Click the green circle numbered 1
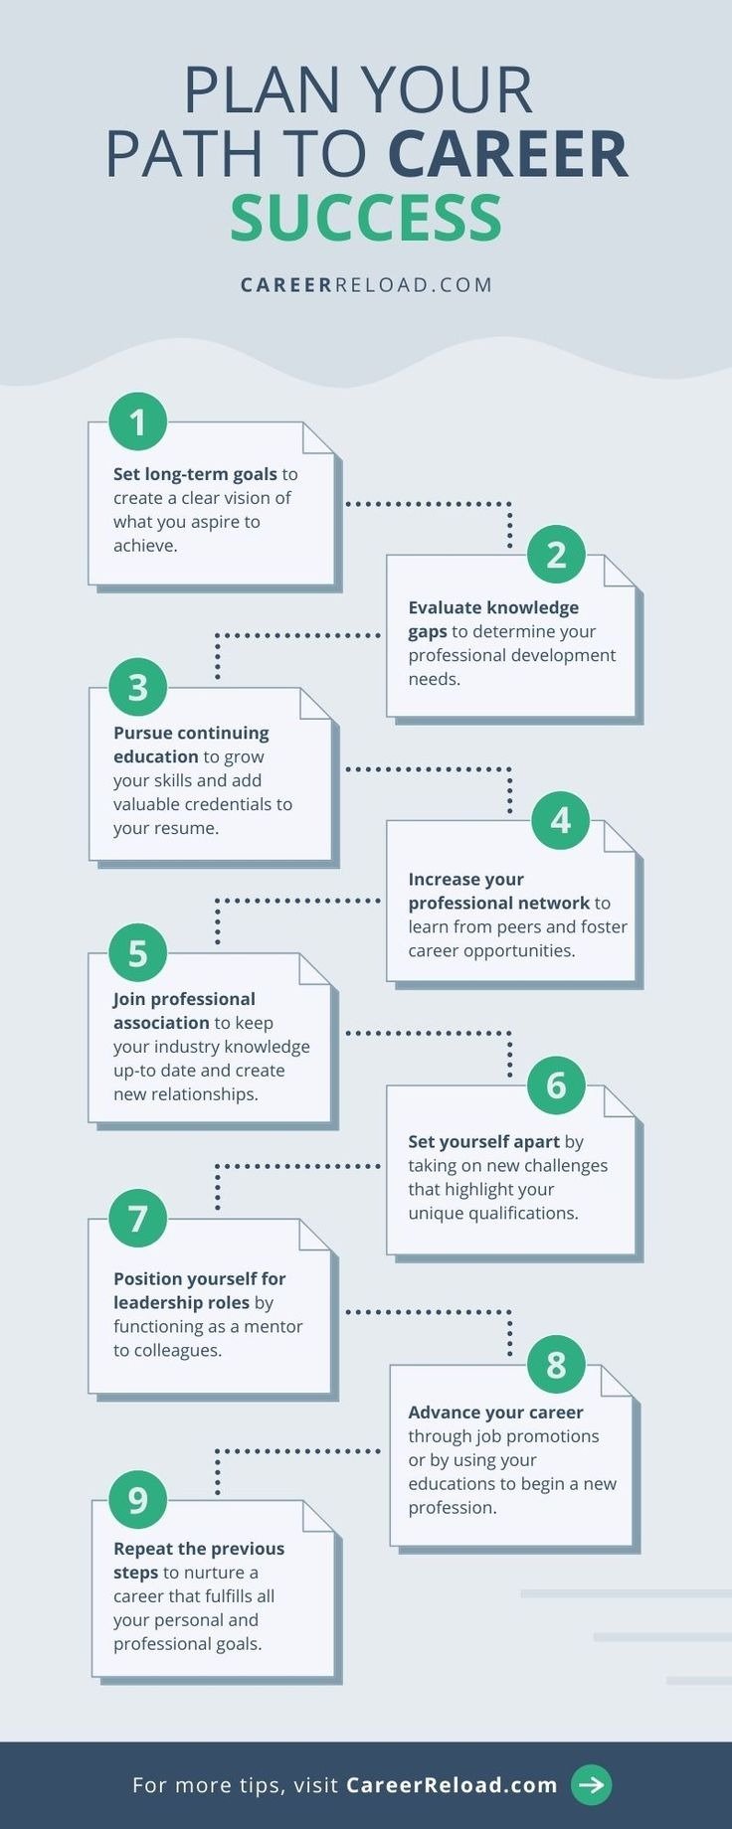[138, 421]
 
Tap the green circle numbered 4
[560, 820]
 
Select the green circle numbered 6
[556, 1085]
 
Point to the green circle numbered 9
[138, 1500]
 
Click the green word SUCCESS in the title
[366, 219]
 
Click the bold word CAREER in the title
[508, 154]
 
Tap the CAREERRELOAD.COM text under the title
[366, 285]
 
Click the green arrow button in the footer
[591, 1784]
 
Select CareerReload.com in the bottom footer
[452, 1784]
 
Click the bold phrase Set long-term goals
[195, 474]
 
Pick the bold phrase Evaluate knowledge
[493, 607]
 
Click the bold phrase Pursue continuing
[191, 733]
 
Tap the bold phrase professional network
[498, 903]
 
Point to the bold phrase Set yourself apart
[483, 1141]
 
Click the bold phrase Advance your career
[495, 1412]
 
